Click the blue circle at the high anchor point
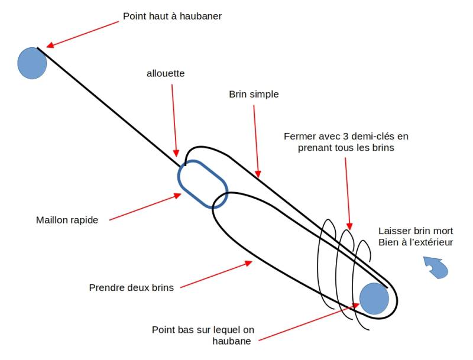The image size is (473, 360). pyautogui.click(x=32, y=63)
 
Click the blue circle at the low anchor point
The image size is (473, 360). pyautogui.click(x=374, y=299)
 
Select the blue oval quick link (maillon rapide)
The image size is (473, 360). pyautogui.click(x=203, y=184)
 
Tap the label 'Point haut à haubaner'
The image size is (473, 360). pyautogui.click(x=172, y=16)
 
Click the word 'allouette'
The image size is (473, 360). pyautogui.click(x=166, y=73)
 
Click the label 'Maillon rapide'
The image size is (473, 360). pyautogui.click(x=67, y=220)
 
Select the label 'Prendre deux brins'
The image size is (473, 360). pyautogui.click(x=131, y=288)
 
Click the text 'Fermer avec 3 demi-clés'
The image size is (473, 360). pyautogui.click(x=346, y=136)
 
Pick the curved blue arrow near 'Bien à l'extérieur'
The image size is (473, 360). pyautogui.click(x=436, y=268)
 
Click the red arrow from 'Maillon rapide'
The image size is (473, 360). pyautogui.click(x=145, y=206)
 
